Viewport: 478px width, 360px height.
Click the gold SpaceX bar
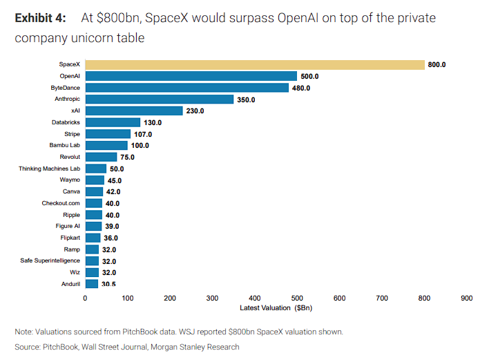(254, 65)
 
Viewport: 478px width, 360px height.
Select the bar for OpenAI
(191, 76)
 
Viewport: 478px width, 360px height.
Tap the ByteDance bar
(187, 88)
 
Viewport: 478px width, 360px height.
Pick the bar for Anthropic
(159, 100)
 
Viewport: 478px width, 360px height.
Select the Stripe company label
(72, 133)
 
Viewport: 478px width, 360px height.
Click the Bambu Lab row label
(65, 145)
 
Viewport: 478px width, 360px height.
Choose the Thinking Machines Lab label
(49, 169)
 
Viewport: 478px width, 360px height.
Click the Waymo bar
(95, 180)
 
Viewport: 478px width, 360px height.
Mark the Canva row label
(71, 191)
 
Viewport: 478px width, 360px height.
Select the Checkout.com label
(61, 203)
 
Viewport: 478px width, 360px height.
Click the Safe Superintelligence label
(50, 260)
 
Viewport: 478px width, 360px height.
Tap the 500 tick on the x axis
(297, 298)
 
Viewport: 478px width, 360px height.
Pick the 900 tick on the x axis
(466, 298)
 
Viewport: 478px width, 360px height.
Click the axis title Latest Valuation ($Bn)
(276, 307)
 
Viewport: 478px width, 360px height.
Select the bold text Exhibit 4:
(41, 18)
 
